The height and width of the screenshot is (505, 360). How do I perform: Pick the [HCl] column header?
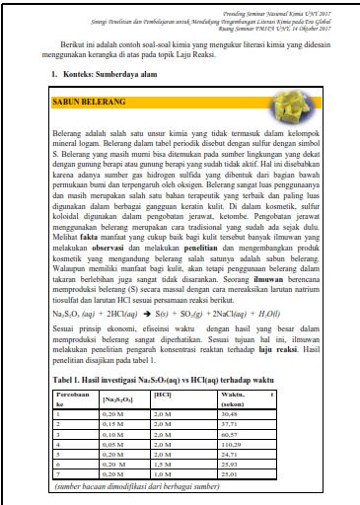coord(163,393)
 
